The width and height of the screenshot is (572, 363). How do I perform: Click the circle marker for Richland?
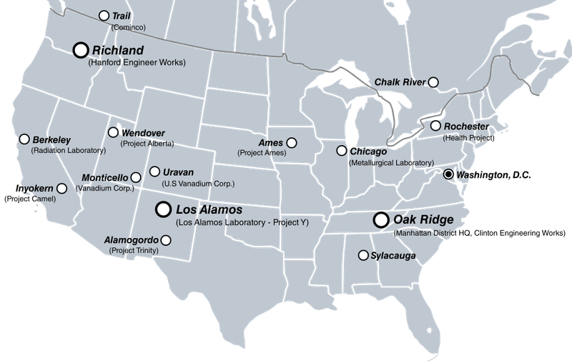[81, 49]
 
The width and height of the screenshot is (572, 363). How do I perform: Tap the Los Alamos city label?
[209, 211]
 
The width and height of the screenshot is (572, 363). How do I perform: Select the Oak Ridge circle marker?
[381, 219]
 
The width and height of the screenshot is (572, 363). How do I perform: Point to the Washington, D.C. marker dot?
[448, 174]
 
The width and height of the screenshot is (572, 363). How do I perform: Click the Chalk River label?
[400, 83]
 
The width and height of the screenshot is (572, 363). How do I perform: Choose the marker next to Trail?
[104, 15]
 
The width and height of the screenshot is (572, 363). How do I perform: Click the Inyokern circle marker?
[61, 189]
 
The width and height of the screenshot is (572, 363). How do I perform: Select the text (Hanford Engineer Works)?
[137, 63]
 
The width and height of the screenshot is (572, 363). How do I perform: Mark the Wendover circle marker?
[113, 132]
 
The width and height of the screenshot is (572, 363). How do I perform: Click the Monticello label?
[105, 177]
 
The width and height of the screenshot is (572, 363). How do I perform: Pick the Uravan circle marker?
[154, 171]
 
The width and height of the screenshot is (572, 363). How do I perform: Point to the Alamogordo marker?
[165, 241]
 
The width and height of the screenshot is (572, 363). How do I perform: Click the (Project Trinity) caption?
[134, 251]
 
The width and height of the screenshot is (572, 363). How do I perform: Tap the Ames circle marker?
[291, 143]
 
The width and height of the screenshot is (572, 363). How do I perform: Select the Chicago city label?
[368, 151]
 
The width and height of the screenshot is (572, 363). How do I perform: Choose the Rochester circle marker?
[435, 126]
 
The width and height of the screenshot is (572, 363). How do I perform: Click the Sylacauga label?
[393, 256]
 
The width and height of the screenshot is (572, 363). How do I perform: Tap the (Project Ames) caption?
[262, 153]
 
